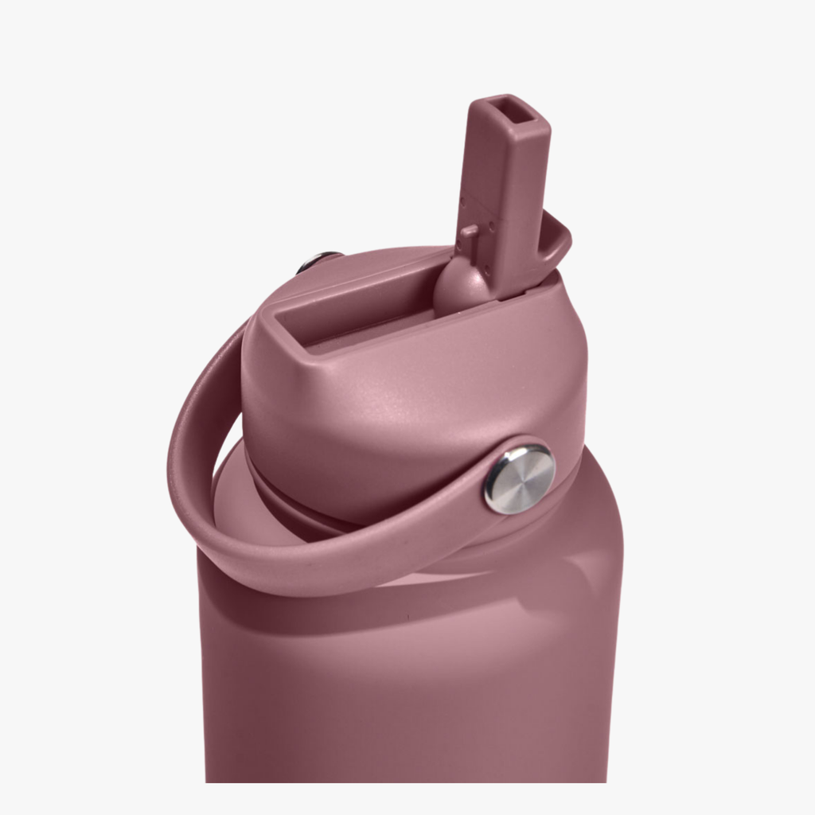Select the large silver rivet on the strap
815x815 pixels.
[x=520, y=478]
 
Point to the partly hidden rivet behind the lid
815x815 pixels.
[x=317, y=261]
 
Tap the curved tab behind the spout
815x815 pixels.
[x=557, y=243]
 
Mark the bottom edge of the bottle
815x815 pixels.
[x=406, y=780]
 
